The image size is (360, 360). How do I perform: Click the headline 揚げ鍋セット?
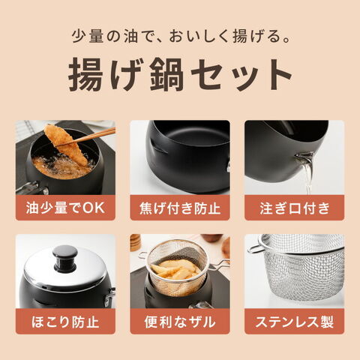click(x=180, y=74)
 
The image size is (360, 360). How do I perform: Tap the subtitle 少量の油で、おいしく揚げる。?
click(x=181, y=36)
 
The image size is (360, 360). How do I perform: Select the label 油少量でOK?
click(x=65, y=208)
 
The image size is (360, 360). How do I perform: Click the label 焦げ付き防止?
click(x=180, y=208)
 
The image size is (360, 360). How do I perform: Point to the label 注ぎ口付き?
click(x=295, y=208)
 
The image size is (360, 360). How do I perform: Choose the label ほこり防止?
click(x=65, y=322)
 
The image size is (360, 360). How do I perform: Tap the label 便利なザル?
click(x=180, y=322)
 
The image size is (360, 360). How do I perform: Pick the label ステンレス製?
click(x=295, y=322)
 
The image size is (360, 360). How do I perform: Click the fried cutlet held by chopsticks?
click(x=66, y=144)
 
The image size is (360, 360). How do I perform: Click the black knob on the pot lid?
click(x=65, y=257)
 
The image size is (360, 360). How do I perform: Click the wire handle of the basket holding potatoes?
click(x=219, y=264)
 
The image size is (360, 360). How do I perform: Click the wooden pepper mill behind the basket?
click(x=136, y=242)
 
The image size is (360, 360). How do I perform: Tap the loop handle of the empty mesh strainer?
click(x=256, y=247)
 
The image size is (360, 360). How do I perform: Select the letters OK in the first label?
click(x=94, y=208)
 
